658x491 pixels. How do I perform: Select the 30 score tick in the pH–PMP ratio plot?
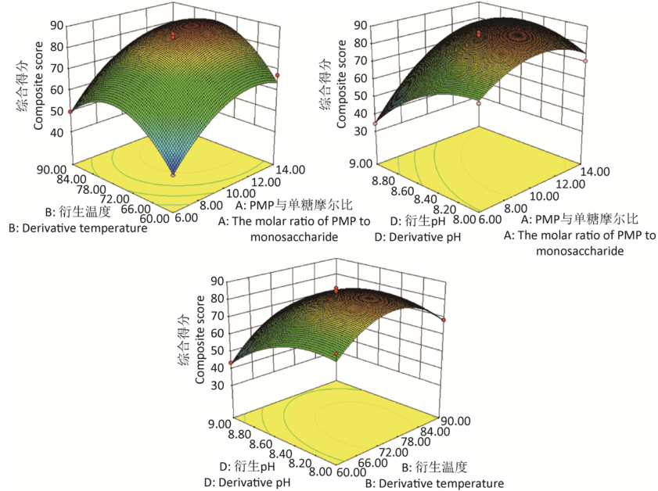click(357, 132)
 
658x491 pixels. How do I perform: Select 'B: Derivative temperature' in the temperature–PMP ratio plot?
click(77, 228)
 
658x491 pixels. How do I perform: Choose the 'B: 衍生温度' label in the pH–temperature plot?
click(435, 468)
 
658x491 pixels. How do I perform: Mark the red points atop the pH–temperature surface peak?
click(336, 290)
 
